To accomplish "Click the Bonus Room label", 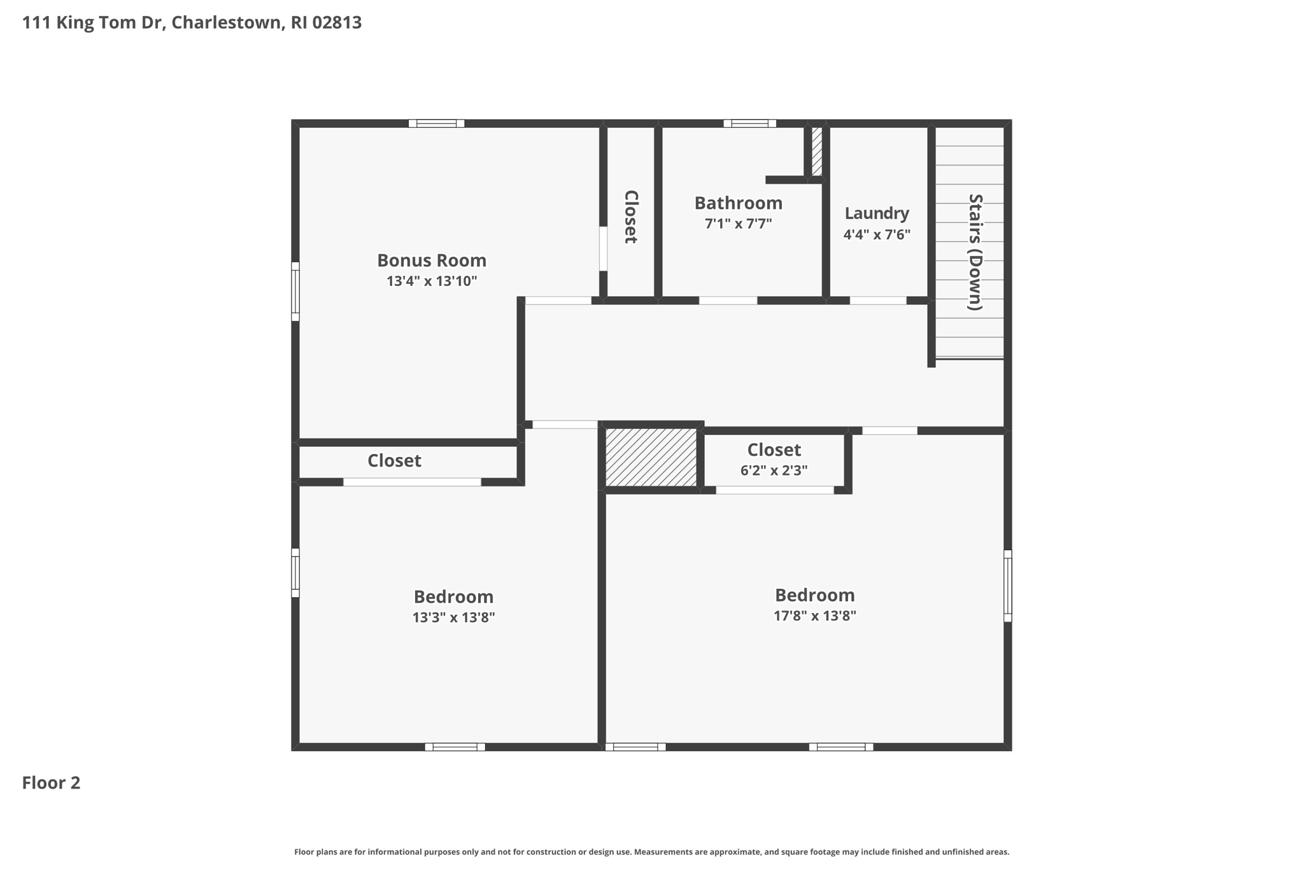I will (x=432, y=260).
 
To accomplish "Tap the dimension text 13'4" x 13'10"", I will (x=432, y=281).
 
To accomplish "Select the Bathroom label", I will (x=738, y=203).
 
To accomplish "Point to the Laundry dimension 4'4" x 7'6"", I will (x=877, y=234).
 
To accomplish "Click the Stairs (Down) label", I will (x=975, y=252).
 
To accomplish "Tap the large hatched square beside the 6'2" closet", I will (x=651, y=457).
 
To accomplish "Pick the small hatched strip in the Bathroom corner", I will (x=816, y=152).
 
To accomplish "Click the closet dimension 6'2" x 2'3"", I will (x=774, y=470).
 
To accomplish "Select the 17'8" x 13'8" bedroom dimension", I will (x=814, y=616).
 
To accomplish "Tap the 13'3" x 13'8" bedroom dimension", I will (x=453, y=618).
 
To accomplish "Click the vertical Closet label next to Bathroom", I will (x=630, y=217).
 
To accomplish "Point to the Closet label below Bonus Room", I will (x=394, y=460).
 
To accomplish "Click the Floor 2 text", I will (x=51, y=782).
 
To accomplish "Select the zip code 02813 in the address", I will (x=337, y=22).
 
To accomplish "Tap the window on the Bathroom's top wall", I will (x=749, y=124).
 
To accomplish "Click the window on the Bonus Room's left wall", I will (x=295, y=292).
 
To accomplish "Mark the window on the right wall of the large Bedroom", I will (x=1007, y=586).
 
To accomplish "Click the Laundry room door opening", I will (x=878, y=300).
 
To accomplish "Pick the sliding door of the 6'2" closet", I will (x=775, y=490).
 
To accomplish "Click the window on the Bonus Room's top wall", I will (x=436, y=124).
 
